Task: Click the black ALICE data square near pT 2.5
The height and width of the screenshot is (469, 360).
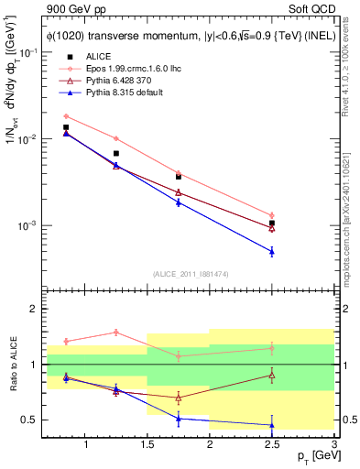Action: point(271,223)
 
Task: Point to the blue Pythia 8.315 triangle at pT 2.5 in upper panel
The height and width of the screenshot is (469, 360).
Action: point(271,251)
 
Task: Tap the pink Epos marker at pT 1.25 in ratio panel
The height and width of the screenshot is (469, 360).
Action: point(115,333)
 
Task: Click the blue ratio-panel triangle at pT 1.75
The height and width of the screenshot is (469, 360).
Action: point(178,419)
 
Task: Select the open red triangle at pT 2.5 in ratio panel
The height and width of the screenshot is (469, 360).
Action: point(271,375)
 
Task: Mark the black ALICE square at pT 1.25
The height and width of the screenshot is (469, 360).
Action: point(115,153)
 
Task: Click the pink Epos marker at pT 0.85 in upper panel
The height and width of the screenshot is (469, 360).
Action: point(66,116)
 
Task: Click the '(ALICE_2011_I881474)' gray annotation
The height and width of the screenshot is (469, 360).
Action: point(191,274)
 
